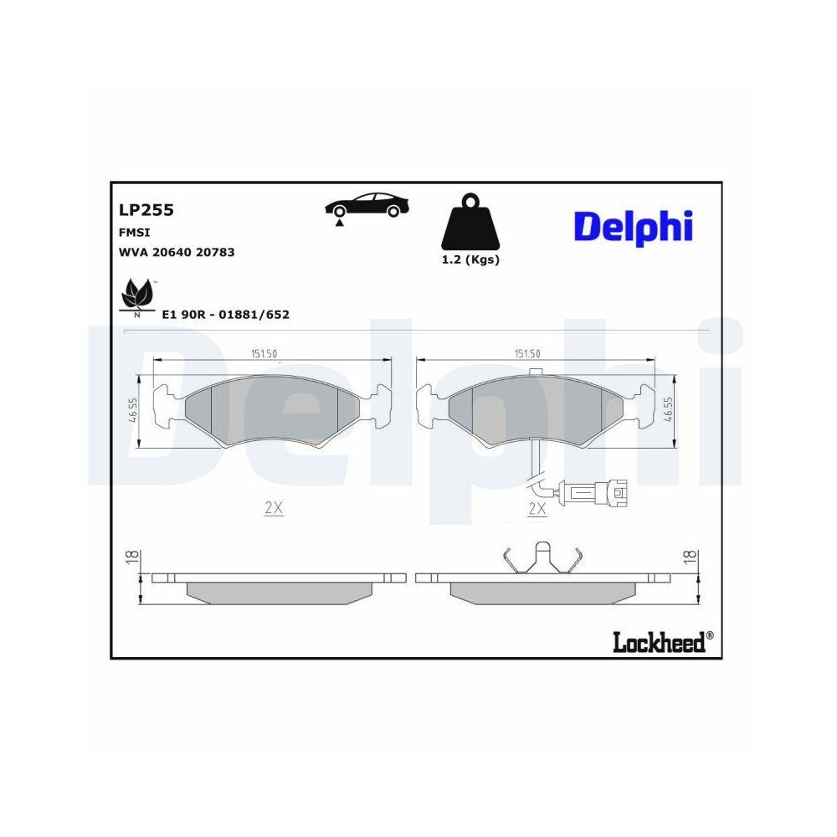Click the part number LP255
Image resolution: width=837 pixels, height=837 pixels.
[146, 211]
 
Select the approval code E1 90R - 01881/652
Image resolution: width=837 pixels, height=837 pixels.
[225, 315]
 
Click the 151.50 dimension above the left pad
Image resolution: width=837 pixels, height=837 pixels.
[264, 354]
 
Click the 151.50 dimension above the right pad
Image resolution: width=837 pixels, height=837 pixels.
[528, 354]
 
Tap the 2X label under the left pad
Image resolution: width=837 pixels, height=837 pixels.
[274, 509]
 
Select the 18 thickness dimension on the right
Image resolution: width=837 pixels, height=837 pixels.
[690, 558]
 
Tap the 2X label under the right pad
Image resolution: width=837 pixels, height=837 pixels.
[537, 509]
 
